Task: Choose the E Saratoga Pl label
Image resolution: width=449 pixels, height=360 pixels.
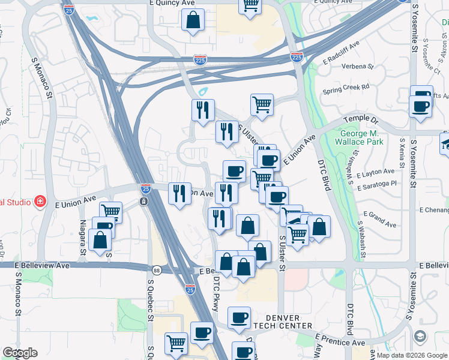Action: click(377, 187)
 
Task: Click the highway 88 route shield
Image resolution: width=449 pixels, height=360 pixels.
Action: click(156, 270)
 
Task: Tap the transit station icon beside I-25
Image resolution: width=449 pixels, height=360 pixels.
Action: click(144, 201)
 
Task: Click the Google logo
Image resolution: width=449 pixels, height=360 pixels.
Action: click(19, 353)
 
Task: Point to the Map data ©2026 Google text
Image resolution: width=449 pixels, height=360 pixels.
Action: click(411, 355)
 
